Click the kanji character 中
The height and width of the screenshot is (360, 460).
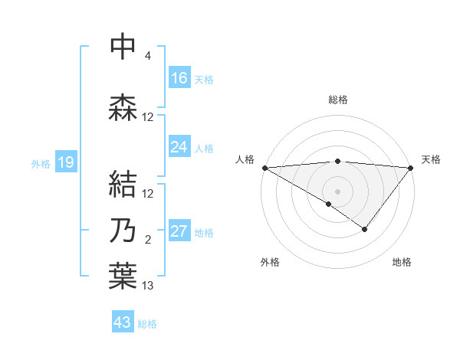123,47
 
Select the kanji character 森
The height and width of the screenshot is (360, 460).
123,108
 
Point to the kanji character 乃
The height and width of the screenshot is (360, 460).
123,230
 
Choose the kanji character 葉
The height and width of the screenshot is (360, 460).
123,276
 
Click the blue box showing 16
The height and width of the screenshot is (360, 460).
179,78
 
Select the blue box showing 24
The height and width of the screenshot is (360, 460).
179,147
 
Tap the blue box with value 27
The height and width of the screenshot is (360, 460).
179,232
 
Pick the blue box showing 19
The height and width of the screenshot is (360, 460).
65,162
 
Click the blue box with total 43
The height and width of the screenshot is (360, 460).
123,322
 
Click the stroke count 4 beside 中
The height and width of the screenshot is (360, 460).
148,56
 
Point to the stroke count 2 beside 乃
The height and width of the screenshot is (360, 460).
148,240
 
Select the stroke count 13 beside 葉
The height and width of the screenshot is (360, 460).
148,286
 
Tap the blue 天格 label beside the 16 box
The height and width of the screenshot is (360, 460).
204,79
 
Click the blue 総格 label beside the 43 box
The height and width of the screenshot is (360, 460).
147,323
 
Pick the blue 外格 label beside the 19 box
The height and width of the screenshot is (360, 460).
41,163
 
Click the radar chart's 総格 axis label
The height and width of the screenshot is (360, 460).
338,100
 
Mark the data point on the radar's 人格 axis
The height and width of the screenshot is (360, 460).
264,167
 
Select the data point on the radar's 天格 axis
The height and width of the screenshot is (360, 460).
411,167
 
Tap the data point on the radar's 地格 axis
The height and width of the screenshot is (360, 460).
365,229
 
